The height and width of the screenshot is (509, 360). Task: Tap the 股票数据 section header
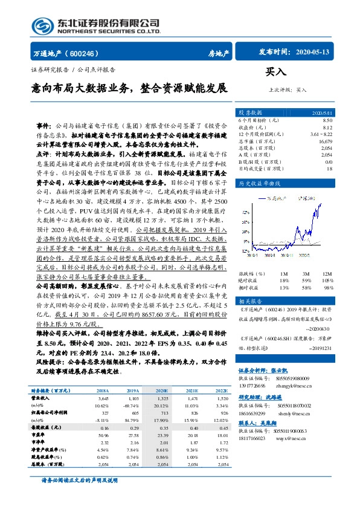pos(249,113)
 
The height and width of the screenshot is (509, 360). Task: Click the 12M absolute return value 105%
pos(326,280)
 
